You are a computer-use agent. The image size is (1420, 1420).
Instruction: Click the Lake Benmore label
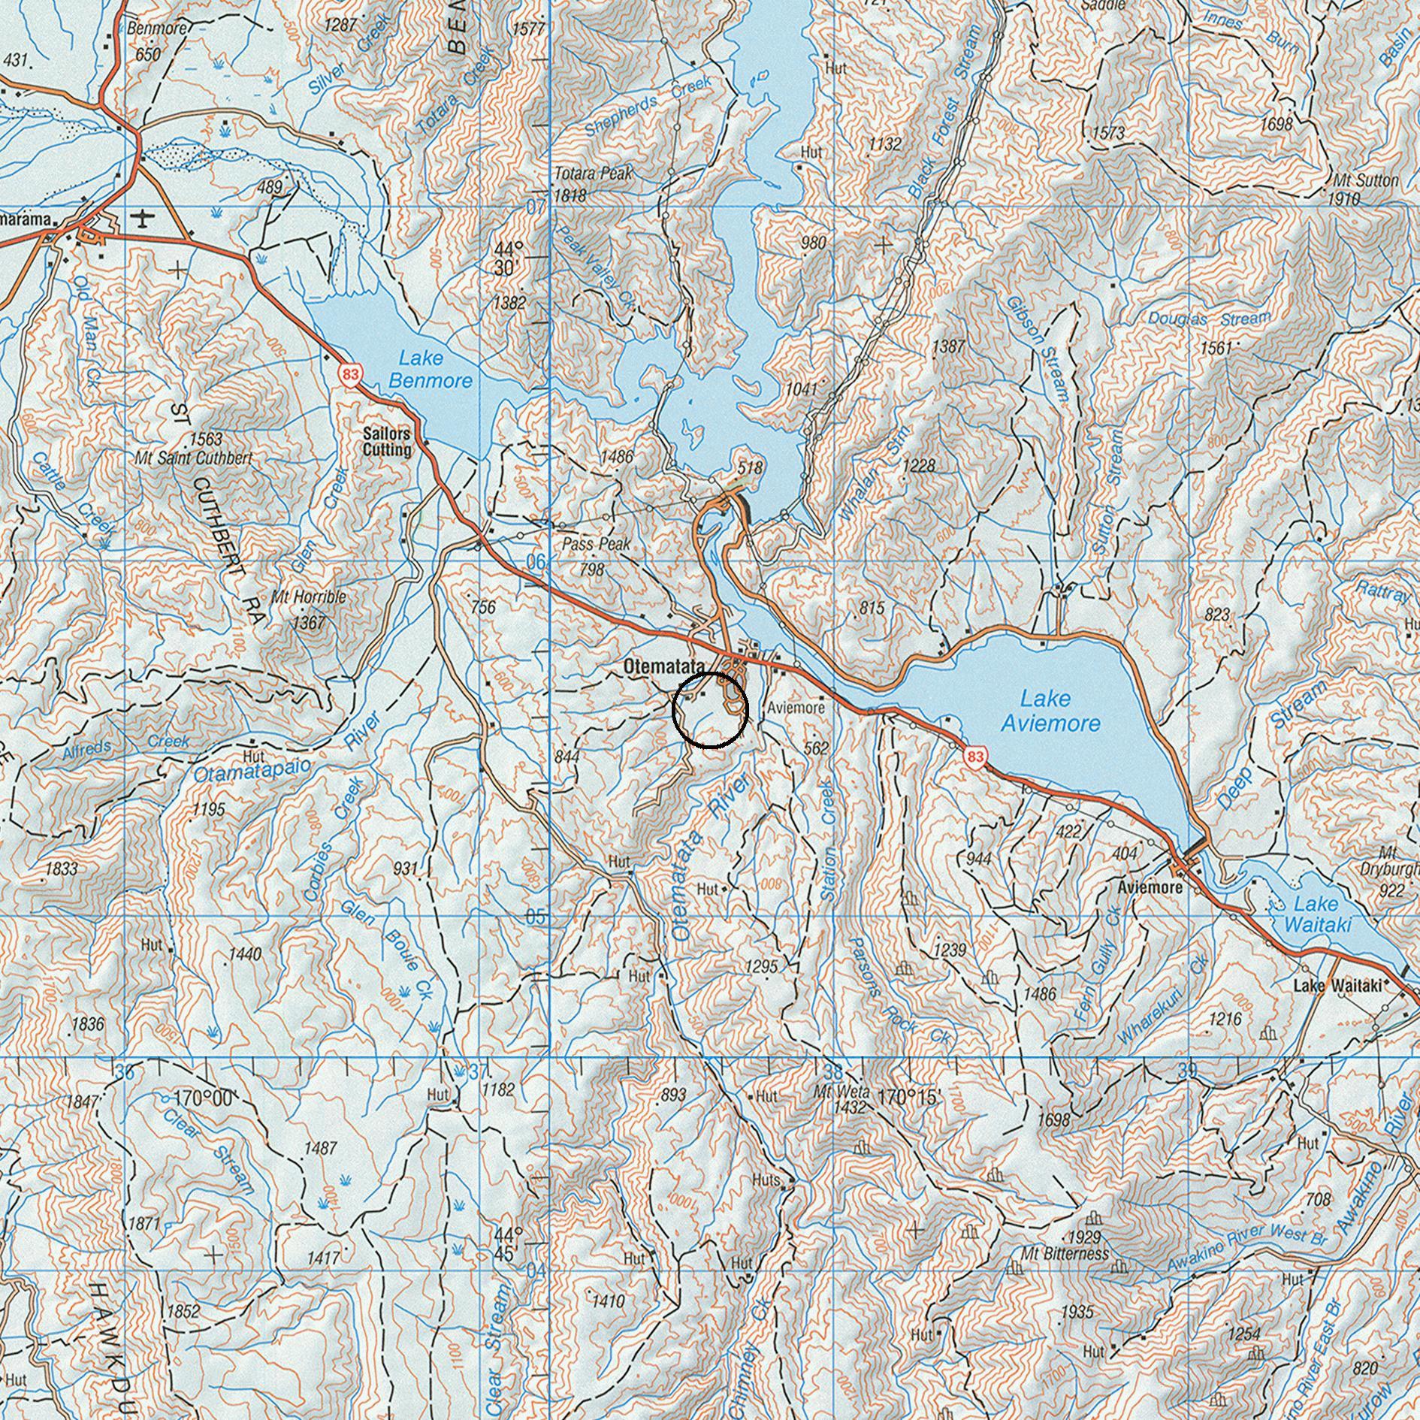pyautogui.click(x=431, y=370)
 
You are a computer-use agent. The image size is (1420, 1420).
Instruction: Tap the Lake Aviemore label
pyautogui.click(x=1050, y=711)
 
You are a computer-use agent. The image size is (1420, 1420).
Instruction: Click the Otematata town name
pyautogui.click(x=664, y=666)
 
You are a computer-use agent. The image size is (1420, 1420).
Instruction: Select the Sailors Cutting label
pyautogui.click(x=387, y=442)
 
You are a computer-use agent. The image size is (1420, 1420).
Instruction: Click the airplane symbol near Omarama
pyautogui.click(x=142, y=219)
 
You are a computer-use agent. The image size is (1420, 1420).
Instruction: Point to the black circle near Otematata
pyautogui.click(x=710, y=710)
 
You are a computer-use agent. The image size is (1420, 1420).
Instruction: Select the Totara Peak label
pyautogui.click(x=594, y=174)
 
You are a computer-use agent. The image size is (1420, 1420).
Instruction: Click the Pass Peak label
pyautogui.click(x=597, y=545)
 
